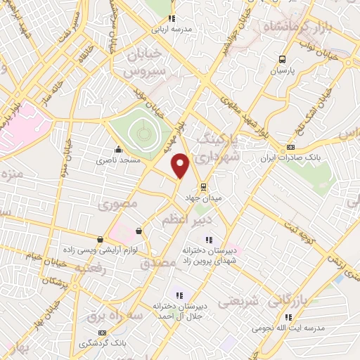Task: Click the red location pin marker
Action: coord(181,166)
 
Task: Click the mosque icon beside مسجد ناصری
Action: coord(118,149)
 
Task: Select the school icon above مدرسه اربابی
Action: coord(170,19)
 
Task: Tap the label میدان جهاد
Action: coord(203,199)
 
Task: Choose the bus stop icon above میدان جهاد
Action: coord(203,187)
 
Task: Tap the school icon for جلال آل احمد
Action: coord(179,295)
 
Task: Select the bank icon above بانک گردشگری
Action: coord(103,332)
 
